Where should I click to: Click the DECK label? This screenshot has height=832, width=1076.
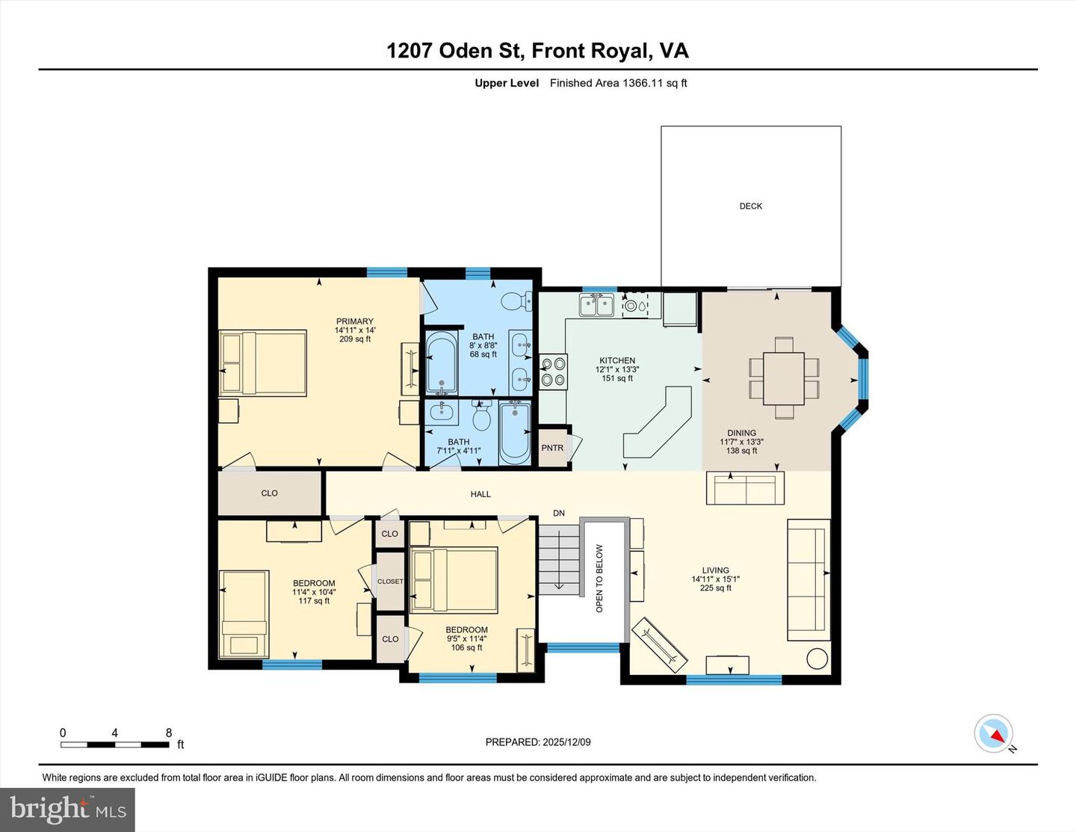pyautogui.click(x=750, y=206)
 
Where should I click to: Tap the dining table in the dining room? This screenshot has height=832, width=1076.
pyautogui.click(x=784, y=378)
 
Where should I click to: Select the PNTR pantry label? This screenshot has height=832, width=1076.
pyautogui.click(x=552, y=448)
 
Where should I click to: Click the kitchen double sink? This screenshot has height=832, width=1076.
pyautogui.click(x=597, y=305)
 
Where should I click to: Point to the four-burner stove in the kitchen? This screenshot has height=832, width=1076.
pyautogui.click(x=554, y=372)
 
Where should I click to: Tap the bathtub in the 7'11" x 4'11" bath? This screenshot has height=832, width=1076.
pyautogui.click(x=514, y=431)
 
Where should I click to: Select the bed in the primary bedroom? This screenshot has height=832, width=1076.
pyautogui.click(x=263, y=363)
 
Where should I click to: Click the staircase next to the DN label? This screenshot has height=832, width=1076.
pyautogui.click(x=559, y=559)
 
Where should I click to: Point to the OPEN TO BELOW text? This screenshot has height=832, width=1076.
pyautogui.click(x=599, y=578)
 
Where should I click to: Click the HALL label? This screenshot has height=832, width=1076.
pyautogui.click(x=480, y=494)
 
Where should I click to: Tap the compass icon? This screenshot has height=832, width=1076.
pyautogui.click(x=994, y=733)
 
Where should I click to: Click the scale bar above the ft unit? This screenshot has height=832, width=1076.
pyautogui.click(x=114, y=745)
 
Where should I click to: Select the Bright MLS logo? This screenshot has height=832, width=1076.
pyautogui.click(x=68, y=810)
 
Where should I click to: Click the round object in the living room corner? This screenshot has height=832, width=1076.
pyautogui.click(x=817, y=659)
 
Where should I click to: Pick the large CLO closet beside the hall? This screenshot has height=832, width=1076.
pyautogui.click(x=270, y=493)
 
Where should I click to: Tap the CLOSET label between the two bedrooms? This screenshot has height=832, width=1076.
pyautogui.click(x=390, y=582)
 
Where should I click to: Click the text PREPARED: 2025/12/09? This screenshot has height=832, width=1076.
pyautogui.click(x=538, y=742)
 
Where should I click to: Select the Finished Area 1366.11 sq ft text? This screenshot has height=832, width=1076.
pyautogui.click(x=618, y=83)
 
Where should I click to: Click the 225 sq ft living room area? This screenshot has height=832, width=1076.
pyautogui.click(x=715, y=588)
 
